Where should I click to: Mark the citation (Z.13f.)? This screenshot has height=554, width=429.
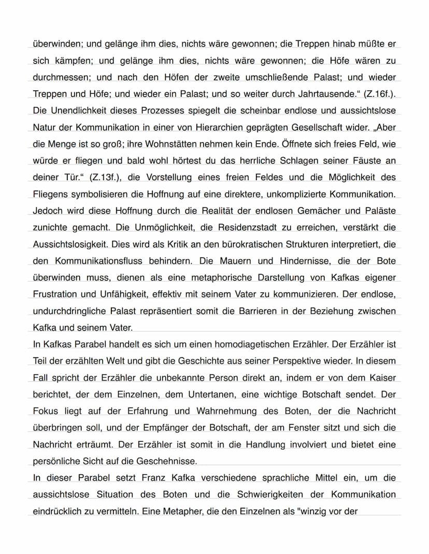[x=107, y=177]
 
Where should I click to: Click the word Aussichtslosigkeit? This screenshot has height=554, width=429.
[x=70, y=244]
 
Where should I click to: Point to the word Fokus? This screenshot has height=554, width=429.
[x=45, y=411]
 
